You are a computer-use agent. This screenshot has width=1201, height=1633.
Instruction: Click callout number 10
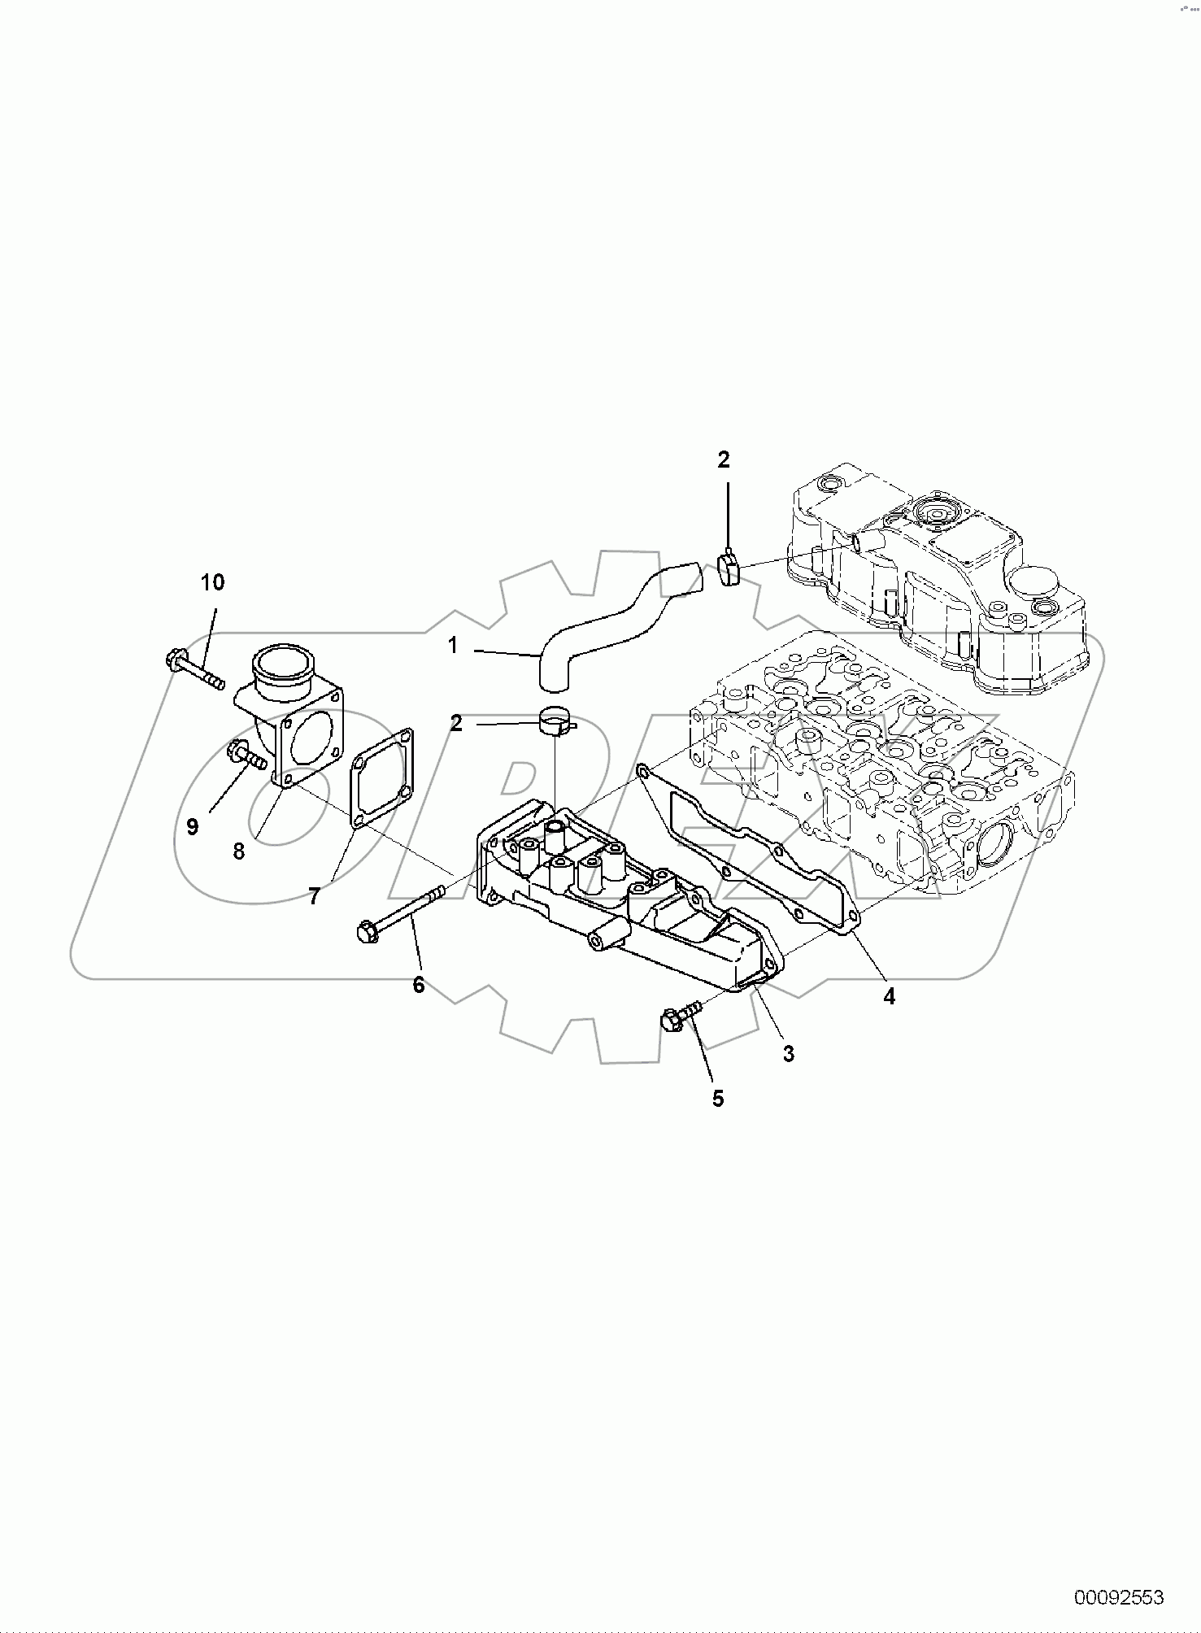click(x=213, y=582)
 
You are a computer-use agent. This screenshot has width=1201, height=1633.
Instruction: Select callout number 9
click(x=193, y=827)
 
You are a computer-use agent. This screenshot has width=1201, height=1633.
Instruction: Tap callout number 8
click(x=239, y=851)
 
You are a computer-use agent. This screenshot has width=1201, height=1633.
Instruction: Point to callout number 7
click(x=314, y=896)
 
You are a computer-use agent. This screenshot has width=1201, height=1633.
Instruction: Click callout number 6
click(x=419, y=985)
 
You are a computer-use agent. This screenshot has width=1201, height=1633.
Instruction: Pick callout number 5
click(x=718, y=1098)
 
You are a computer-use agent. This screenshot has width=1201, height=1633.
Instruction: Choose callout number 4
click(x=890, y=996)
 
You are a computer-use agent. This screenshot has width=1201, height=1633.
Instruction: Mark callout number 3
click(x=788, y=1053)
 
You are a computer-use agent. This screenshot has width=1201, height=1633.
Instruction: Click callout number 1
click(x=454, y=646)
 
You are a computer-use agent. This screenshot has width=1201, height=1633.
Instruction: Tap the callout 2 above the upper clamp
click(x=724, y=460)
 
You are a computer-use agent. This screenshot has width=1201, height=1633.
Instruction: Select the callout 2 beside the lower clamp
click(x=456, y=722)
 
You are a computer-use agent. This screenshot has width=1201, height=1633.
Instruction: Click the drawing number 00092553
click(x=1119, y=1596)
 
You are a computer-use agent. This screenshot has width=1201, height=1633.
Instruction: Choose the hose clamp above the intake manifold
click(x=556, y=721)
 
